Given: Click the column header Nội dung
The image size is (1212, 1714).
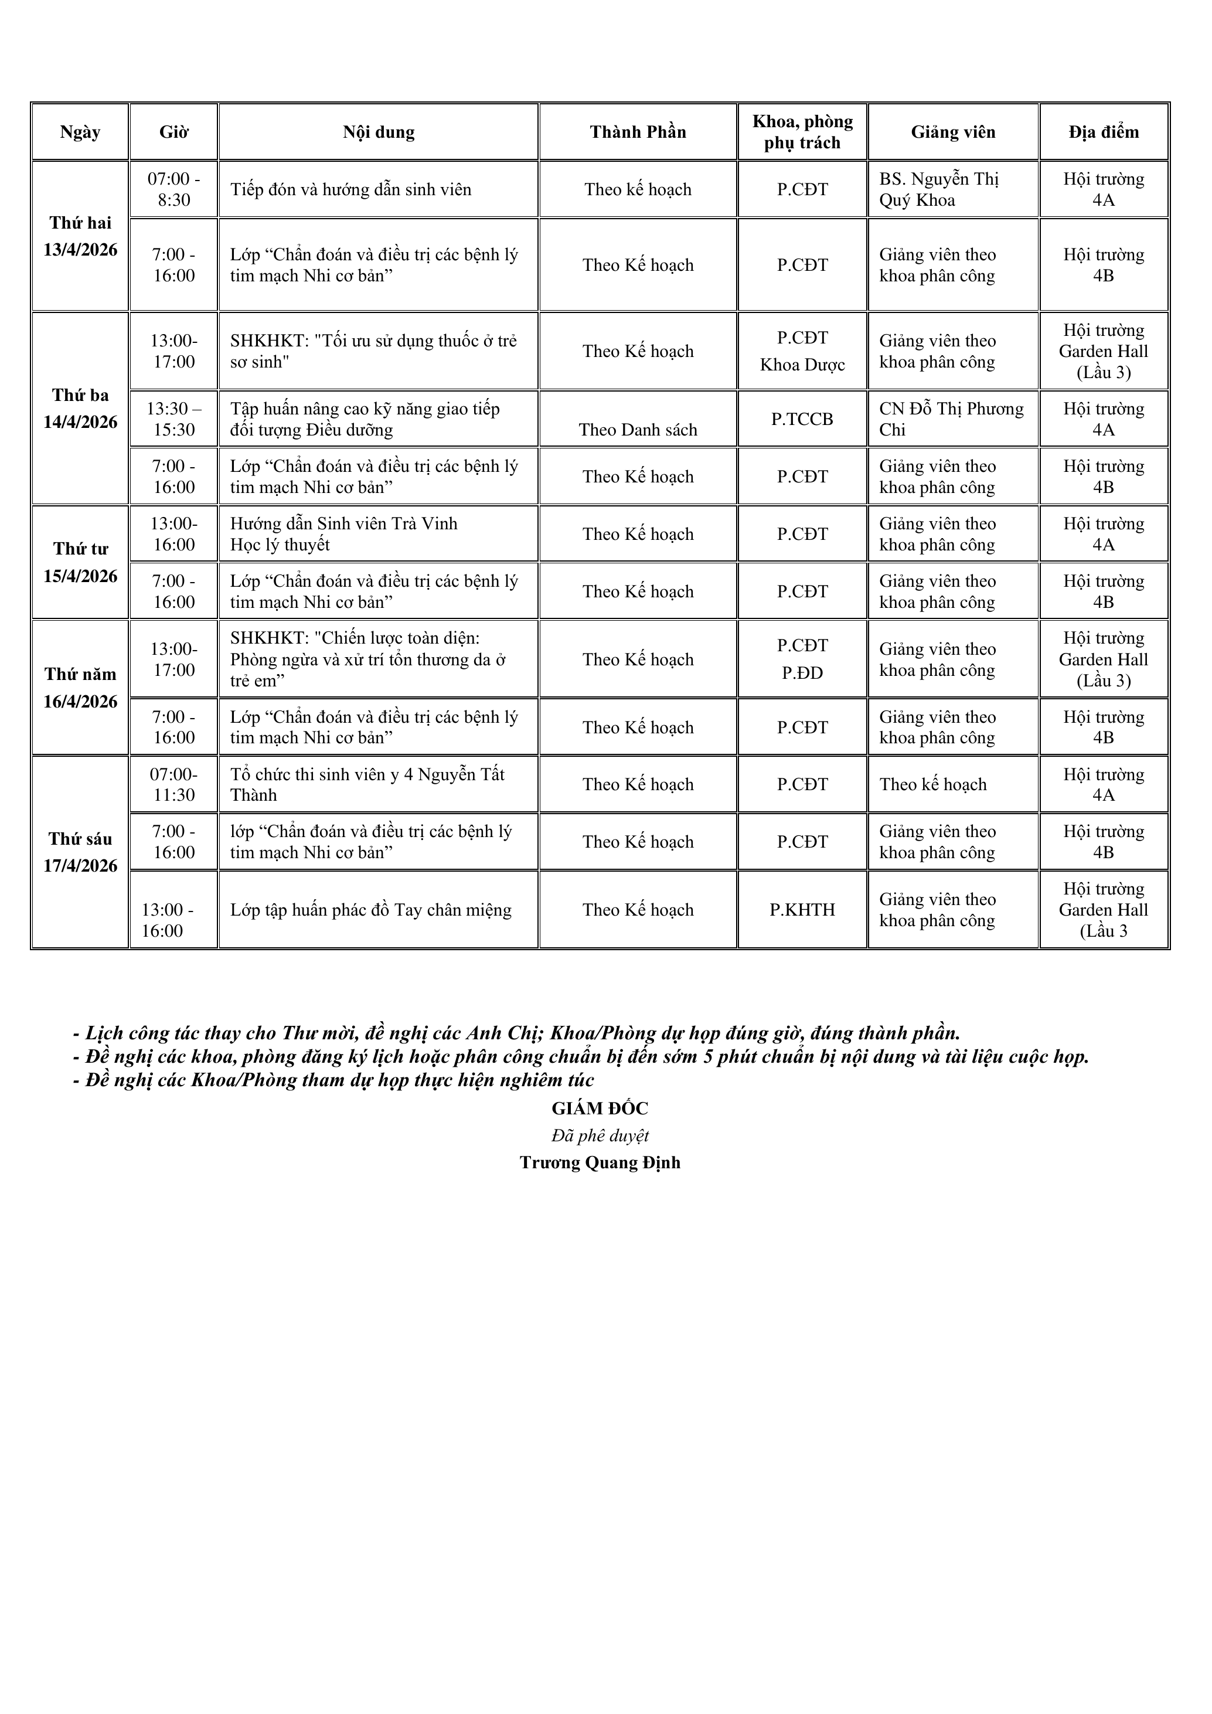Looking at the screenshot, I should tap(379, 132).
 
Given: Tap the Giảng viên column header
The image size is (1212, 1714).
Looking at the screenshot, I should tap(952, 132).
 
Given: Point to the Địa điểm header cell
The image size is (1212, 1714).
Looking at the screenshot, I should tap(1103, 132).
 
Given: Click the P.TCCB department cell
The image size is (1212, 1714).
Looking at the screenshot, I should tap(802, 419).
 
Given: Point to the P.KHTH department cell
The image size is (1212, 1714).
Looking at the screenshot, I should tap(802, 909).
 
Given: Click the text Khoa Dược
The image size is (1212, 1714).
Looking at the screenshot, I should tap(802, 365).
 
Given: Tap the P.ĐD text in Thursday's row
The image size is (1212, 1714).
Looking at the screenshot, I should tap(802, 672).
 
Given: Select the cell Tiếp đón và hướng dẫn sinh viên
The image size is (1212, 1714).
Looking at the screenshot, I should tap(350, 189).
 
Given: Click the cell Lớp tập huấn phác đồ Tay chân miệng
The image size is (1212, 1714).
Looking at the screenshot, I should tap(371, 910).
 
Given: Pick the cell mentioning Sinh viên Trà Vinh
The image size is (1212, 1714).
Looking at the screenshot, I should tap(343, 534).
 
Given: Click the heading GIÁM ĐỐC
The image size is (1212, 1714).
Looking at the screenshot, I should tap(600, 1108).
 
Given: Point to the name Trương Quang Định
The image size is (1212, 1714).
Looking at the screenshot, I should tap(600, 1162).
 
